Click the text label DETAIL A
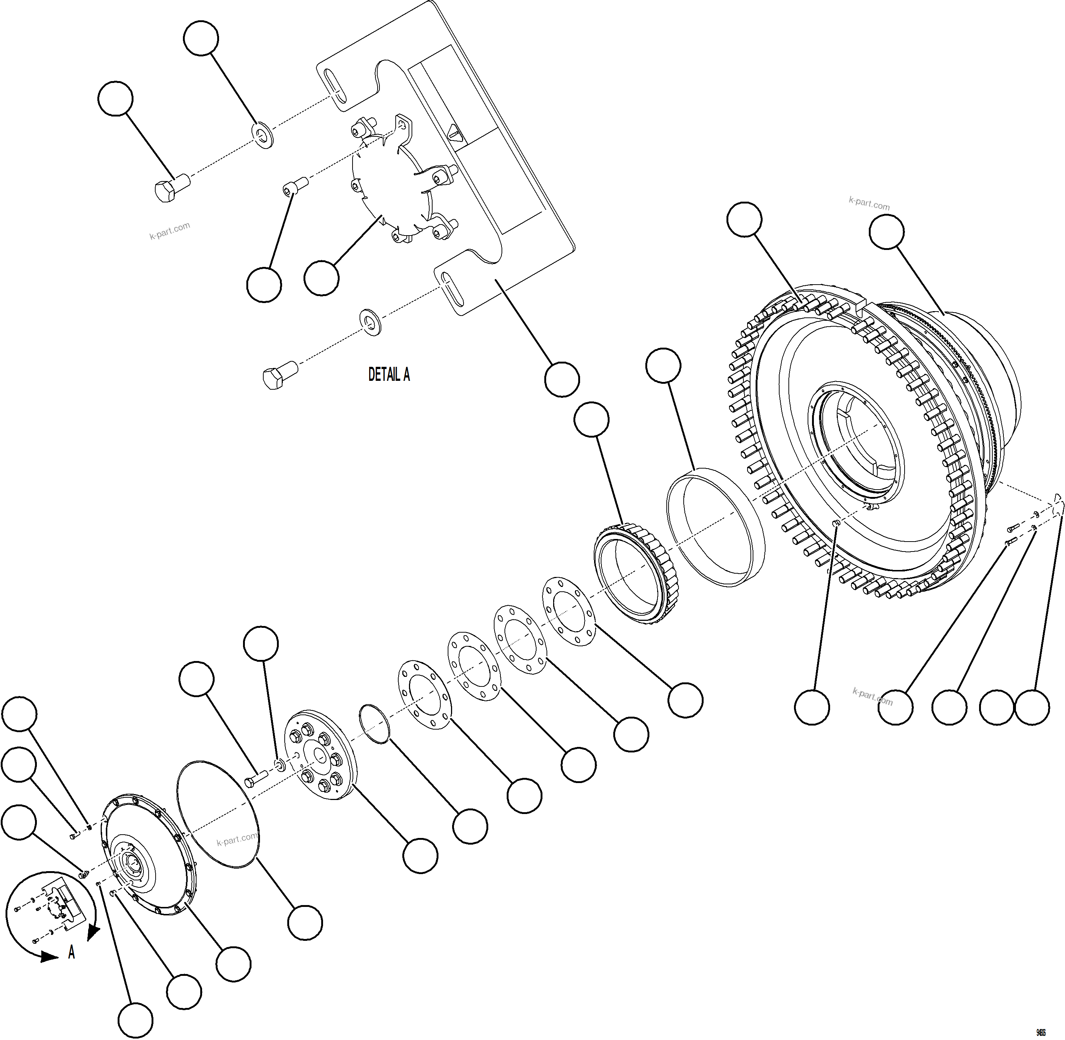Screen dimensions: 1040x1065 pyautogui.click(x=389, y=375)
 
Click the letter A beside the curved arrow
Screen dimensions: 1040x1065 pyautogui.click(x=72, y=953)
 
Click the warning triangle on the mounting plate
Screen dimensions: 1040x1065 pyautogui.click(x=454, y=132)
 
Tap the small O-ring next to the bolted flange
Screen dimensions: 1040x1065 pyautogui.click(x=375, y=724)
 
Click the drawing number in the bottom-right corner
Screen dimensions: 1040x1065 pyautogui.click(x=1040, y=1032)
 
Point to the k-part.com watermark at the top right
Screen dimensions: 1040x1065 pyautogui.click(x=869, y=204)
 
